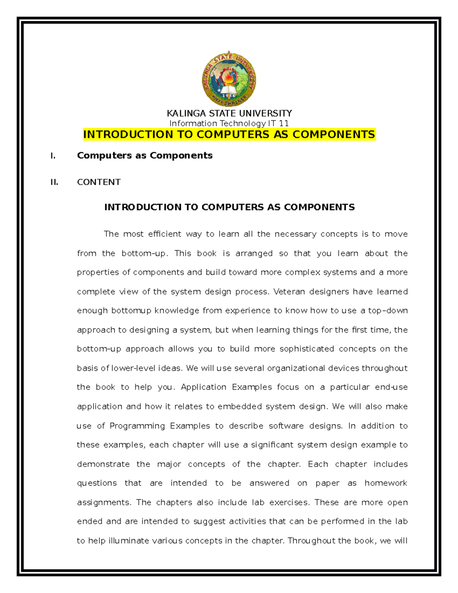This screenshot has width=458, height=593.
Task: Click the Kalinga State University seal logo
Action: tap(229, 79)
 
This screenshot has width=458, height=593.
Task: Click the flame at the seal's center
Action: tap(229, 78)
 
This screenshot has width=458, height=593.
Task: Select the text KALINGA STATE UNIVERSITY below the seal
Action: tap(229, 113)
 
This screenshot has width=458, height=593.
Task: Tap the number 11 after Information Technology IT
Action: tap(284, 123)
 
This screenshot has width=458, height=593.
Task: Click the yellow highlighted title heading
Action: tap(229, 134)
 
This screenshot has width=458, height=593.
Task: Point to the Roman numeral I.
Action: tap(53, 156)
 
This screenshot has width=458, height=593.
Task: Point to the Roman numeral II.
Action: tap(54, 182)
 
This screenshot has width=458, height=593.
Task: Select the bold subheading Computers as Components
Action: tap(145, 155)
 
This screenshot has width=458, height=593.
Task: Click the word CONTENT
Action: tap(99, 182)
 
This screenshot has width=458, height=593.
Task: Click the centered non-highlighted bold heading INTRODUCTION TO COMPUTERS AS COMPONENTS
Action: tap(229, 207)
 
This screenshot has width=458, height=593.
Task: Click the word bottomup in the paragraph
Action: tap(131, 311)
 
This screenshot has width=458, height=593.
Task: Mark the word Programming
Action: tap(137, 426)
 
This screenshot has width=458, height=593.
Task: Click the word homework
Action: tap(386, 483)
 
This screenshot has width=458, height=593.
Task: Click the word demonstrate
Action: tap(103, 464)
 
